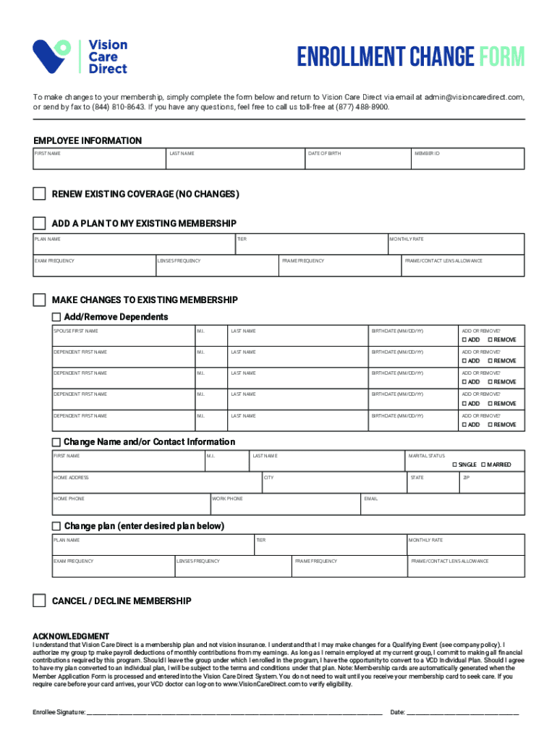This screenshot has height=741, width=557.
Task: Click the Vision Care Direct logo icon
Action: click(x=51, y=56)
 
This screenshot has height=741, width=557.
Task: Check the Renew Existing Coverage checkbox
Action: click(x=39, y=194)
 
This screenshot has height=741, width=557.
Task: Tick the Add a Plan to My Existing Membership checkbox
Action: click(x=39, y=223)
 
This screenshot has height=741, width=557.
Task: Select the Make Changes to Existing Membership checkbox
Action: click(x=39, y=300)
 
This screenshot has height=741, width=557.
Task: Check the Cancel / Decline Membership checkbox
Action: click(x=39, y=601)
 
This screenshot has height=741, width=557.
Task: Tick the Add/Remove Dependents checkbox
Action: click(x=56, y=317)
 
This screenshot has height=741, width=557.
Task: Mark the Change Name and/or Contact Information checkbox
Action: click(x=56, y=442)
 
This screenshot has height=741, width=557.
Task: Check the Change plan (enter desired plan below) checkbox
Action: click(x=56, y=526)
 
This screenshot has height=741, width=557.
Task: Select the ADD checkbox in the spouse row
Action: click(x=465, y=339)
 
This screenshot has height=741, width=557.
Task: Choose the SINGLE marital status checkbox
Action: click(x=455, y=465)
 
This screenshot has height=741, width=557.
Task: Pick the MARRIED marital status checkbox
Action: click(x=483, y=465)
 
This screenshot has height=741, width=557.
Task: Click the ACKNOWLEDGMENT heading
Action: click(x=71, y=636)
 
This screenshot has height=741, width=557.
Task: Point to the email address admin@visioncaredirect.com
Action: click(x=474, y=97)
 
